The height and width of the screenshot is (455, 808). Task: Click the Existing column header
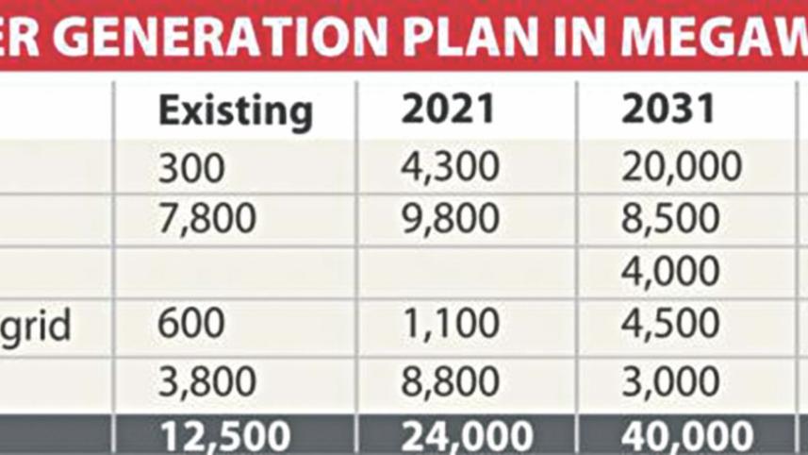click(x=235, y=111)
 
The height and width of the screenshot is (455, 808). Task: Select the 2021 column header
click(x=448, y=110)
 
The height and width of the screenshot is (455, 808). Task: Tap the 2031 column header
click(x=668, y=110)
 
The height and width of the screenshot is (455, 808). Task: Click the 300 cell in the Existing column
click(x=191, y=168)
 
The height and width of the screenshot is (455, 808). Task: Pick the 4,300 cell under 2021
click(x=450, y=168)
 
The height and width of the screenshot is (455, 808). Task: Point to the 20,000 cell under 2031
click(x=682, y=168)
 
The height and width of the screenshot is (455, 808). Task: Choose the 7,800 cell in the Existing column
click(x=206, y=219)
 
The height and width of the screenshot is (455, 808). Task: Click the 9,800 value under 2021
click(x=450, y=219)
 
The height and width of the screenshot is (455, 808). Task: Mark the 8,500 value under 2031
click(x=669, y=219)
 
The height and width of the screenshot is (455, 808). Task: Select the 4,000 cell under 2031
click(x=669, y=272)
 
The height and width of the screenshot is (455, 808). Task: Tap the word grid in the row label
click(x=35, y=326)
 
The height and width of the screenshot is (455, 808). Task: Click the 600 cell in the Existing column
click(x=191, y=324)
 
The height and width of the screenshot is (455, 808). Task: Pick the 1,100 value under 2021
click(x=450, y=324)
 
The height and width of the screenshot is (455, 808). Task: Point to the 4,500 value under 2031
click(x=669, y=324)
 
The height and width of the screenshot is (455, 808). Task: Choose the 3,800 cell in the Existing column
click(x=206, y=382)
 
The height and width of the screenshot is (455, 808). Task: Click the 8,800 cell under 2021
click(x=450, y=382)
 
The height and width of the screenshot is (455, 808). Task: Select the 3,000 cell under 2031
click(x=669, y=382)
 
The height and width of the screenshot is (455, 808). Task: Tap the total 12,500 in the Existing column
click(x=224, y=437)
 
